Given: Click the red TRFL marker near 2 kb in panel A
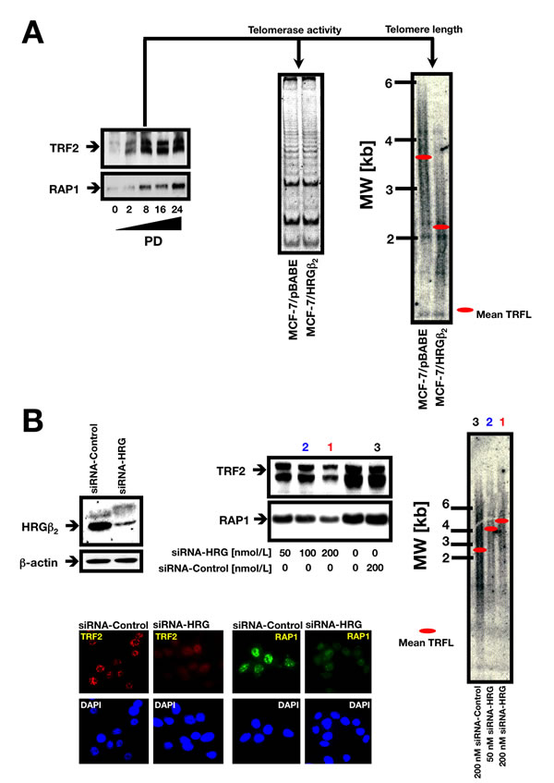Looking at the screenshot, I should pos(441,226).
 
